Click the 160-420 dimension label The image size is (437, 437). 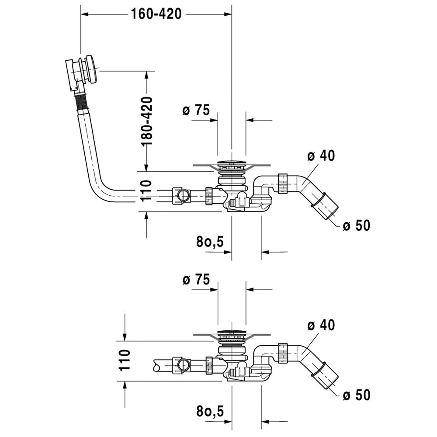[156, 14]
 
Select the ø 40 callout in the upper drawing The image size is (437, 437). [322, 155]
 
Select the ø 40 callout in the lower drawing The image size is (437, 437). [322, 325]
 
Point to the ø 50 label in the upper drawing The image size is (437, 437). [357, 225]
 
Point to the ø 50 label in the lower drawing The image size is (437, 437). [357, 395]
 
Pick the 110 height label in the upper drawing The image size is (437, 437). [146, 191]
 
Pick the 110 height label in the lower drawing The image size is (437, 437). [125, 360]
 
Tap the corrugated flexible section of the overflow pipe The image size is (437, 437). [81, 104]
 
